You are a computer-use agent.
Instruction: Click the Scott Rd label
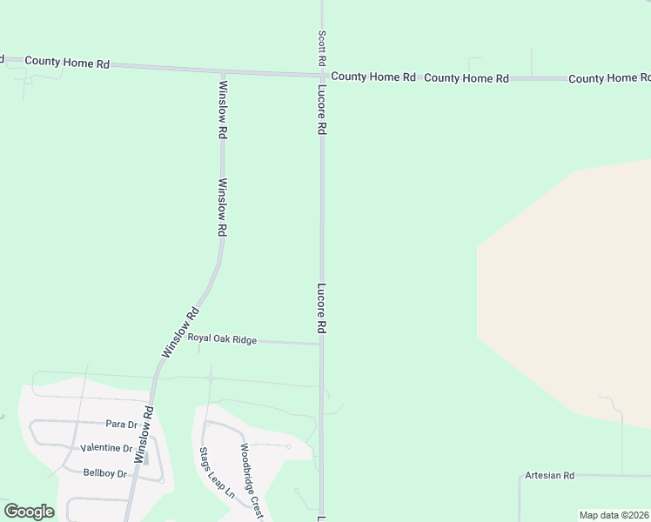pyautogui.click(x=322, y=49)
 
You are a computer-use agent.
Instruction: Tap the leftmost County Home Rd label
pyautogui.click(x=67, y=62)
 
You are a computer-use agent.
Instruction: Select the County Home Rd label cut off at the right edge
pyautogui.click(x=609, y=78)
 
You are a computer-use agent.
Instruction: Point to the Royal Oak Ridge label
pyautogui.click(x=222, y=339)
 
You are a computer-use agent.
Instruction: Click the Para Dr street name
pyautogui.click(x=122, y=425)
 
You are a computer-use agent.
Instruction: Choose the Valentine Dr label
pyautogui.click(x=106, y=449)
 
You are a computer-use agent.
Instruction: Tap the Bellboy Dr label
pyautogui.click(x=105, y=473)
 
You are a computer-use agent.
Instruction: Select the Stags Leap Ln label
pyautogui.click(x=205, y=472)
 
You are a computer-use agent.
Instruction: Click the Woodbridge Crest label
pyautogui.click(x=251, y=482)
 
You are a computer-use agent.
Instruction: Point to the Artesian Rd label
pyautogui.click(x=549, y=476)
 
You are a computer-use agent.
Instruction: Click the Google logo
pyautogui.click(x=29, y=512)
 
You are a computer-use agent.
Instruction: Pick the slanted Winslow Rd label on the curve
pyautogui.click(x=181, y=332)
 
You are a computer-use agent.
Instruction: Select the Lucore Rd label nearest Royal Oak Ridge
pyautogui.click(x=321, y=309)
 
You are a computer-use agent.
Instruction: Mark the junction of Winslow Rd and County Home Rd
pyautogui.click(x=224, y=71)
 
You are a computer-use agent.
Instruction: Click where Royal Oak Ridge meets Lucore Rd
pyautogui.click(x=321, y=344)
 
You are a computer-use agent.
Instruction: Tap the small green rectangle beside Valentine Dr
pyautogui.click(x=145, y=458)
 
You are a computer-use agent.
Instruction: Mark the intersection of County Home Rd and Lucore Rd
pyautogui.click(x=321, y=76)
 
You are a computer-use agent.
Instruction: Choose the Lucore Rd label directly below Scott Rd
pyautogui.click(x=321, y=109)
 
